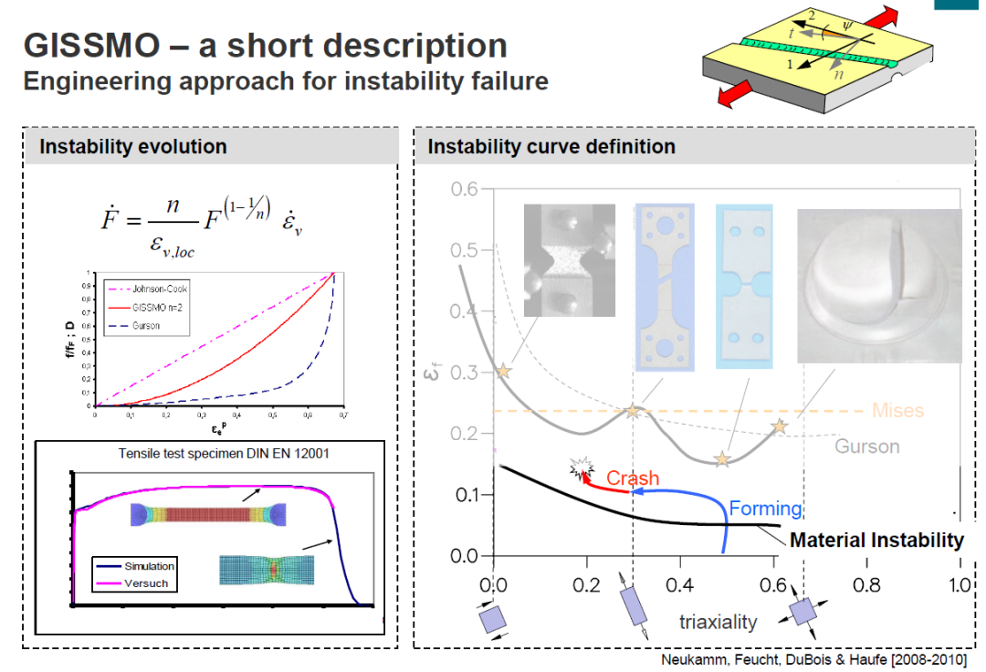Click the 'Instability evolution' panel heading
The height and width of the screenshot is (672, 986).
click(x=132, y=146)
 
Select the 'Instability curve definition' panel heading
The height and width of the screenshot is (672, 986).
click(x=551, y=146)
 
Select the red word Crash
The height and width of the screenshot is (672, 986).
click(x=632, y=478)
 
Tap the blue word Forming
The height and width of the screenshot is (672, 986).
click(x=765, y=509)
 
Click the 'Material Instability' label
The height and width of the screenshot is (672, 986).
click(x=876, y=540)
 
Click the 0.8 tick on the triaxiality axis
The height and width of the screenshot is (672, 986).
click(x=865, y=583)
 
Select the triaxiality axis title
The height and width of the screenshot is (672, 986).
click(x=718, y=622)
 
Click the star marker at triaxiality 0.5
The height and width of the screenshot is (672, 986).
click(x=722, y=459)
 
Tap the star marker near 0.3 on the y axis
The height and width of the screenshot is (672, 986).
click(x=503, y=371)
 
